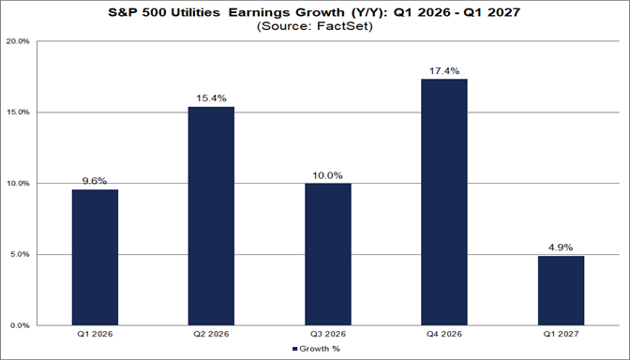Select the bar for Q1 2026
[95, 257]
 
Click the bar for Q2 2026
[211, 216]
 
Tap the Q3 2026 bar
[327, 254]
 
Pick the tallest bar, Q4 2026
[443, 202]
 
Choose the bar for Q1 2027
[560, 291]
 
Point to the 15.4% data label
[211, 98]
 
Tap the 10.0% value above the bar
[327, 175]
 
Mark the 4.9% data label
[560, 247]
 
